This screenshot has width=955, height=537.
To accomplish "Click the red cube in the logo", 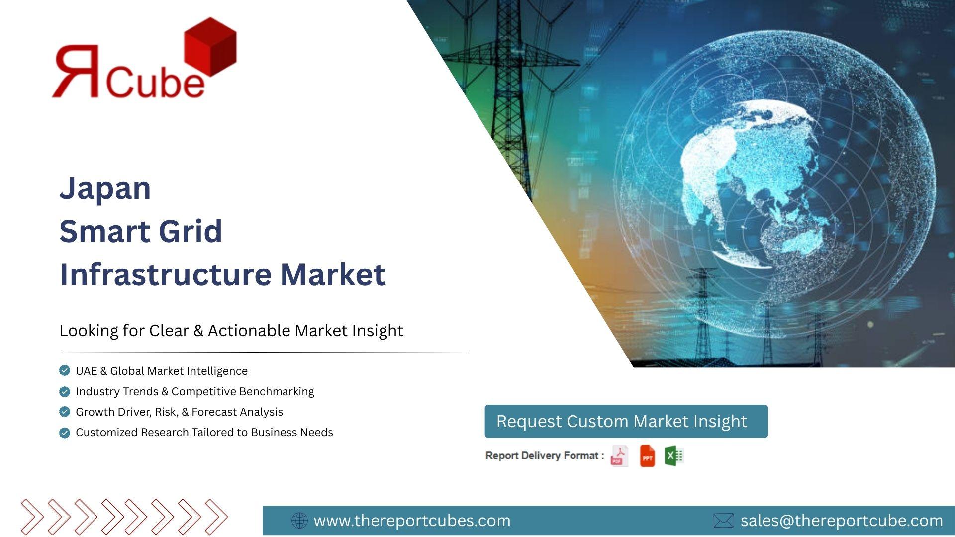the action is pyautogui.click(x=210, y=47).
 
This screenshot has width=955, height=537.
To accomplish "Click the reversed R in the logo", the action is pyautogui.click(x=76, y=71).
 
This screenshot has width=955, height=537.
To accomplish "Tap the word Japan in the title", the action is pyautogui.click(x=105, y=189).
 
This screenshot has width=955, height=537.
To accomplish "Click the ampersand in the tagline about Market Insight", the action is pyautogui.click(x=198, y=331).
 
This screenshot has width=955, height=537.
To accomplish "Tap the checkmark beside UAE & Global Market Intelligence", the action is pyautogui.click(x=65, y=370).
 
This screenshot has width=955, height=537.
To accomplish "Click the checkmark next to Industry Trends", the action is pyautogui.click(x=65, y=391).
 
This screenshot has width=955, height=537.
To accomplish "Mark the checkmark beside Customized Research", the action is pyautogui.click(x=65, y=433).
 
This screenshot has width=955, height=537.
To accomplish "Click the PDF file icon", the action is pyautogui.click(x=619, y=456).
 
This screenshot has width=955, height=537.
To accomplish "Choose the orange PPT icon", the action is pyautogui.click(x=647, y=456).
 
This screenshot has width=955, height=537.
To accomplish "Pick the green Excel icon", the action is pyautogui.click(x=674, y=456).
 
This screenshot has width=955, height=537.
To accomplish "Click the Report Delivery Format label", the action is pyautogui.click(x=545, y=456).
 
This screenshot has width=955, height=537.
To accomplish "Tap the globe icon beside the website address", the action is pyautogui.click(x=299, y=521).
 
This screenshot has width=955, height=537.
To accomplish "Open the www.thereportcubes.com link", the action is pyautogui.click(x=412, y=521).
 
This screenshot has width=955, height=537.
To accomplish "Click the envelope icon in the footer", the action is pyautogui.click(x=724, y=521).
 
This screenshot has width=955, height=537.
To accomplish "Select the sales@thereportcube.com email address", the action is pyautogui.click(x=842, y=521).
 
